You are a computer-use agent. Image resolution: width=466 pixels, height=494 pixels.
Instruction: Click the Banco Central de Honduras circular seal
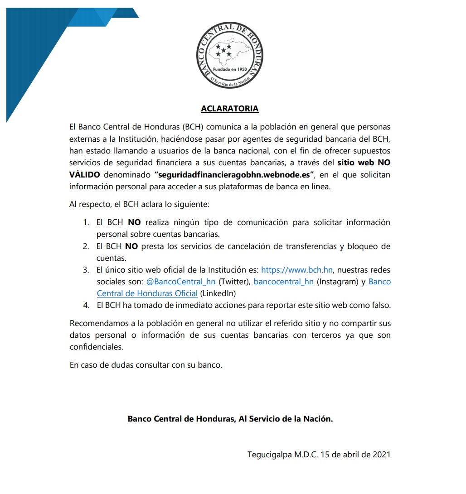[x=230, y=54]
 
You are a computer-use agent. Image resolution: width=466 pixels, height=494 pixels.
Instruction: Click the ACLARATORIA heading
[x=230, y=109]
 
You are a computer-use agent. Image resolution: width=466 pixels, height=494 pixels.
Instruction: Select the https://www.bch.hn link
[x=297, y=270]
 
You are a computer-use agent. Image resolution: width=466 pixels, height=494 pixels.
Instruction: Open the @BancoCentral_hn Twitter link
[x=181, y=282]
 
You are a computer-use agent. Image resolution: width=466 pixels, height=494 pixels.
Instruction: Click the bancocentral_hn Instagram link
[x=283, y=282]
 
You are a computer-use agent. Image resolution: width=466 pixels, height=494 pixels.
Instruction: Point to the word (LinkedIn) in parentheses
[x=218, y=293]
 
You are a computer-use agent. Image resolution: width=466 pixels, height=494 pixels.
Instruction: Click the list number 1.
[x=86, y=223]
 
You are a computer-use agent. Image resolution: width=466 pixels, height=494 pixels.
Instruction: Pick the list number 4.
[x=86, y=305]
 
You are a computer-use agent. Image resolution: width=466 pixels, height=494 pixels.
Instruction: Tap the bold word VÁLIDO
[x=85, y=174]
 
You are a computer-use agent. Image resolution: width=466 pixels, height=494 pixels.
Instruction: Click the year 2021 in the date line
[x=381, y=454]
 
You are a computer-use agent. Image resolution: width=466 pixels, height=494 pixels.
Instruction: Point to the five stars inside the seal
[x=223, y=50]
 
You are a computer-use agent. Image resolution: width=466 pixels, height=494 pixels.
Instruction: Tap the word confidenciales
[x=96, y=347]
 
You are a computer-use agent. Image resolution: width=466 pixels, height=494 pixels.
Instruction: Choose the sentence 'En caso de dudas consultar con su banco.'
[x=146, y=365]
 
